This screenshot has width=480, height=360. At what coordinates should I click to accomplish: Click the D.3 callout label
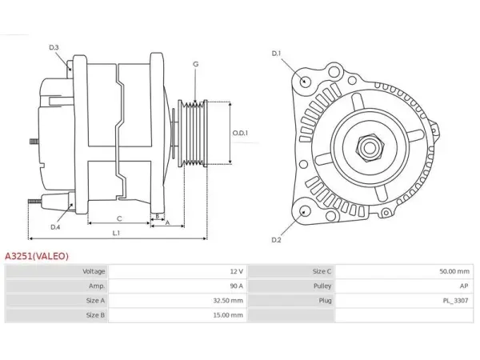(54, 47)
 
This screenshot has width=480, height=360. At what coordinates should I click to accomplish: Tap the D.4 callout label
(55, 227)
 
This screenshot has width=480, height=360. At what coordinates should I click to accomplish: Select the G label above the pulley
(196, 64)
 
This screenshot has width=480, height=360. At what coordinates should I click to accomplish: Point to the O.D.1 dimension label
(240, 133)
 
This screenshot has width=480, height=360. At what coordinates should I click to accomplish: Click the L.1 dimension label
(116, 234)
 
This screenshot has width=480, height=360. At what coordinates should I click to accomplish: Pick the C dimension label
(119, 218)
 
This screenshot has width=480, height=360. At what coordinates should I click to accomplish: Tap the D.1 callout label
(277, 54)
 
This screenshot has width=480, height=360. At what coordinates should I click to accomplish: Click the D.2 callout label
(277, 240)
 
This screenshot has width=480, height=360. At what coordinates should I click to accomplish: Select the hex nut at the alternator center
(370, 148)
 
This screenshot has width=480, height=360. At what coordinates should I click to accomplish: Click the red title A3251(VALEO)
(37, 256)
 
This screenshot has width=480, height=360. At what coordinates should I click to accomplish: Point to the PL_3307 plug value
(455, 301)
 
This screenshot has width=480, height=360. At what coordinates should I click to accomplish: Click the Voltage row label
(94, 271)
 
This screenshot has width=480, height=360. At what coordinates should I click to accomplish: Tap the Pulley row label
(322, 286)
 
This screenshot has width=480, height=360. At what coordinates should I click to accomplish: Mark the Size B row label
(95, 315)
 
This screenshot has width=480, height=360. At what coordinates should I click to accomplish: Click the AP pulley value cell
(464, 286)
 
